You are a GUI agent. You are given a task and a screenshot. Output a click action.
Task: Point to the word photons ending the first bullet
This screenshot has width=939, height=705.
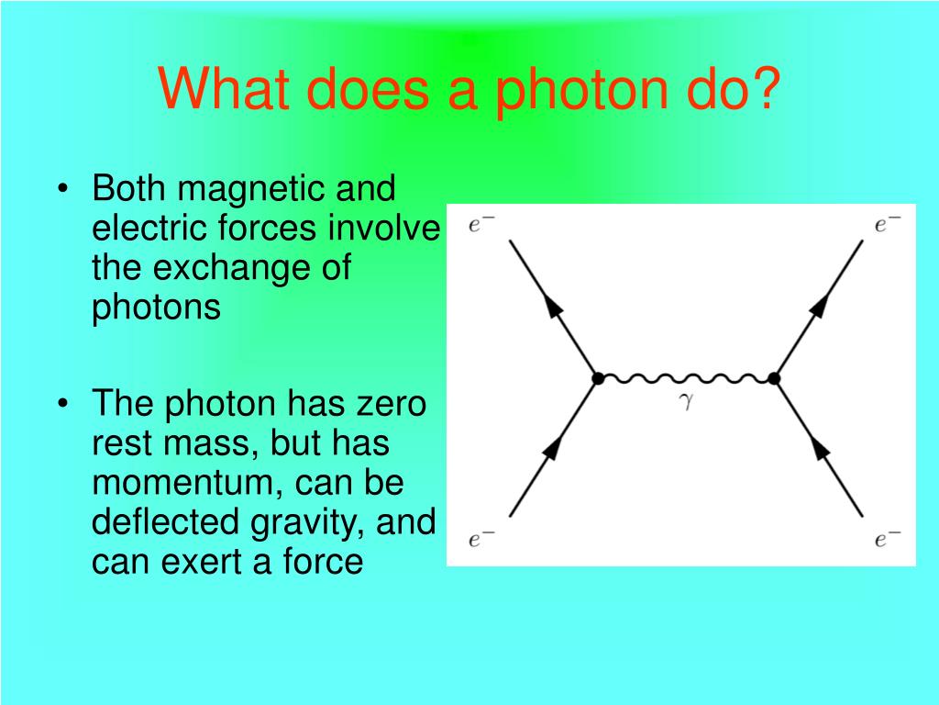point(156,308)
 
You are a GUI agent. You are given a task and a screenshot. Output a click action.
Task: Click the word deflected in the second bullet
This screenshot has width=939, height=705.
point(166,521)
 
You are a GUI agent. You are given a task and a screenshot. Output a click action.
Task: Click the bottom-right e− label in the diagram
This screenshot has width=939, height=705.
point(888,539)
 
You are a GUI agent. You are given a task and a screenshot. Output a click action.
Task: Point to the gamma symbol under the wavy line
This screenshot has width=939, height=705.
point(684,401)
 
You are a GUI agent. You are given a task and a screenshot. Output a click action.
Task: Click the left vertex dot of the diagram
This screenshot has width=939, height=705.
point(597,378)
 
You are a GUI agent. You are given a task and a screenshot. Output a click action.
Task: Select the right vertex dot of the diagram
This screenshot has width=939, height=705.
point(774,378)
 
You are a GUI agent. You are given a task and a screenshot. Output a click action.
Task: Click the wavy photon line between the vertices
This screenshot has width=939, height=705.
point(685,378)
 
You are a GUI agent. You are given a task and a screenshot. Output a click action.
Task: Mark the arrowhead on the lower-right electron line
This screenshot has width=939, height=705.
point(821,450)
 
